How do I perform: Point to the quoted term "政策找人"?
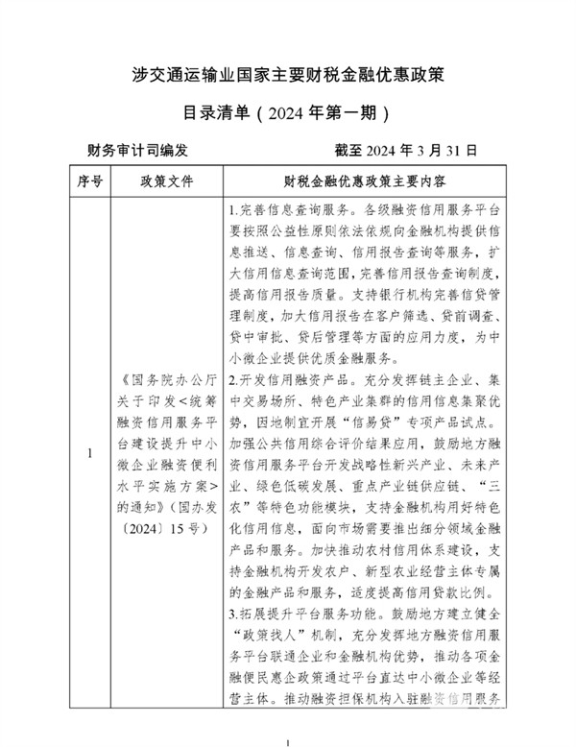[269, 635]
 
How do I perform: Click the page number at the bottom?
[287, 741]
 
